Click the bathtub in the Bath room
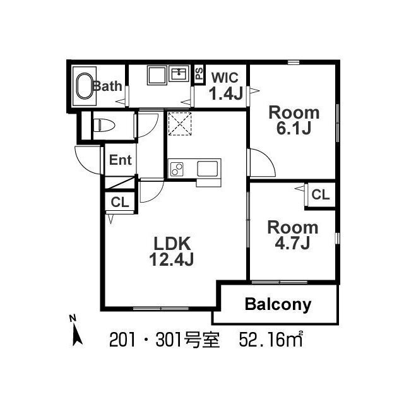click(x=85, y=86)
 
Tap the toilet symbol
click(x=104, y=125)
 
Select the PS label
click(x=199, y=73)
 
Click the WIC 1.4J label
click(x=225, y=86)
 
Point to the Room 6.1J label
click(x=294, y=121)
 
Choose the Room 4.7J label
click(x=293, y=235)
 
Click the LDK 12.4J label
click(x=172, y=251)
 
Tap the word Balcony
click(x=278, y=305)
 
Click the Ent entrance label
click(x=121, y=160)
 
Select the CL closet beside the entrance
click(x=120, y=202)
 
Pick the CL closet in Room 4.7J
click(x=321, y=195)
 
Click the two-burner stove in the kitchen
click(x=177, y=169)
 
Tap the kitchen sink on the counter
click(x=207, y=169)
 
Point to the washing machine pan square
click(x=157, y=75)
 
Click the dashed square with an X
click(x=180, y=124)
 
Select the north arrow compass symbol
click(x=76, y=331)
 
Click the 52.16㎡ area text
click(x=271, y=340)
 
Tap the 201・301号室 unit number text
click(x=164, y=340)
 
